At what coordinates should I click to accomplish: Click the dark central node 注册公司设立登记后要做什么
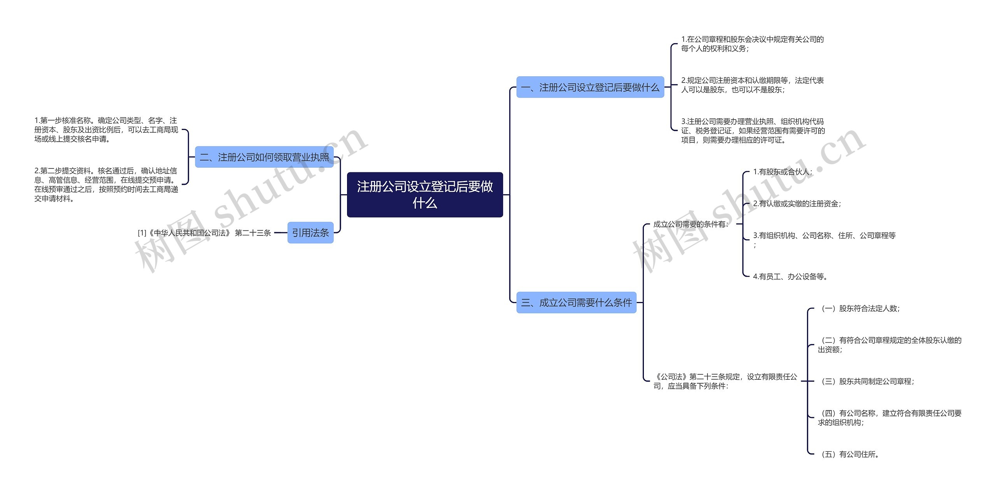coord(424,195)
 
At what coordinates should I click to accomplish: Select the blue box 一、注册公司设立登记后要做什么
coord(590,87)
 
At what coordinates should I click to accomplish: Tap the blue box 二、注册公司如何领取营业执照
coord(264,157)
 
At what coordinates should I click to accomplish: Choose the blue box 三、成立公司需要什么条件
coord(576,302)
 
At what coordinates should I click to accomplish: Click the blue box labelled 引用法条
coord(310,233)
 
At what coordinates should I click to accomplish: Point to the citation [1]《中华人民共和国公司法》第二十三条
coord(204,233)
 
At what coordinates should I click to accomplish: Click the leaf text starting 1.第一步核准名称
coord(106,130)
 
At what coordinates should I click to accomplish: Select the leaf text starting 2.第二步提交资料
coord(106,184)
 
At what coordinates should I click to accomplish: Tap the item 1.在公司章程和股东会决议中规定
coord(752,44)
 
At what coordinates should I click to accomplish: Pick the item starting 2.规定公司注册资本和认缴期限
coord(752,85)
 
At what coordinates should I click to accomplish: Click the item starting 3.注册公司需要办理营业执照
coord(753,131)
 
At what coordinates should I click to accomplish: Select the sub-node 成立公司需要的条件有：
coord(691,224)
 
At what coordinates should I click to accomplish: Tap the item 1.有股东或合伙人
coord(782,172)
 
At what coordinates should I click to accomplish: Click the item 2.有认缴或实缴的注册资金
coord(797,204)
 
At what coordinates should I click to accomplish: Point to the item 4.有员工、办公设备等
coord(790,276)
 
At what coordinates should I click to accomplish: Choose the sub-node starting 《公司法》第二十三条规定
coord(725,381)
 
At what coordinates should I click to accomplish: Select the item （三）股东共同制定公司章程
coord(866,381)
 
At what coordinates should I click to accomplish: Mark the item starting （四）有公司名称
coord(889,418)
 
